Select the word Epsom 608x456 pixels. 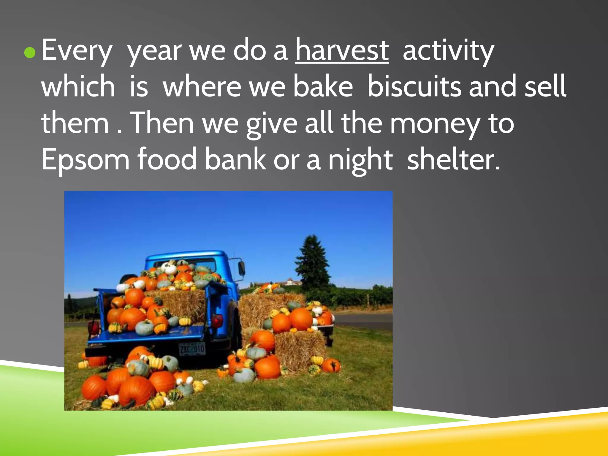tap(85, 160)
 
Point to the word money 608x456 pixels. tap(435, 124)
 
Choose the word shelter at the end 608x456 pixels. tap(453, 160)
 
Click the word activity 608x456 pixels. tap(448, 51)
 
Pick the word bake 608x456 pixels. tap(323, 87)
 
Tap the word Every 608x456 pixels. tap(77, 51)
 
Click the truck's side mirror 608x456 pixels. tap(242, 267)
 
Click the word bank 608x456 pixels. tap(235, 160)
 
